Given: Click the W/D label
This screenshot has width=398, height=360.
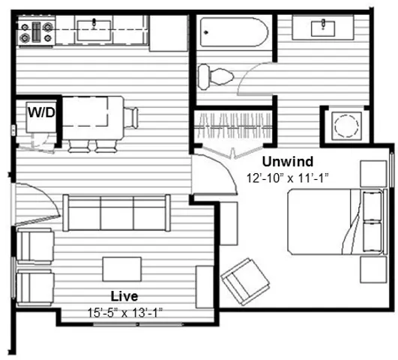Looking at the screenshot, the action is click(x=41, y=112).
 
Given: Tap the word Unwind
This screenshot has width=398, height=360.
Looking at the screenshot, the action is click(x=288, y=161).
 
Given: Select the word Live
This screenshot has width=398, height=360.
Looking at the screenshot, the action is click(x=124, y=296).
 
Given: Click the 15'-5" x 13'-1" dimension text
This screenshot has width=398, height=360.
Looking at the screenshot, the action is click(x=124, y=313).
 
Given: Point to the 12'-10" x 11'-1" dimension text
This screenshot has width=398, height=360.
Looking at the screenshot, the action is click(x=288, y=178).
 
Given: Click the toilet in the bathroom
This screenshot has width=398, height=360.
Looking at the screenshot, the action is click(x=215, y=76).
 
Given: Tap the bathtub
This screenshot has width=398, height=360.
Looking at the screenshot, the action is click(x=234, y=32).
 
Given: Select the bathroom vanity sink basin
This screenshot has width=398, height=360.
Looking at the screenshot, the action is click(x=323, y=28).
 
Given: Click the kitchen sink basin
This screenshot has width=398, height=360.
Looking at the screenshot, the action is click(x=94, y=31).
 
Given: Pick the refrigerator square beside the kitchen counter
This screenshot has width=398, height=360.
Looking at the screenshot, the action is click(x=169, y=33).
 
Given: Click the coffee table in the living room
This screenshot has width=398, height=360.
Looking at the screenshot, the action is click(x=122, y=269).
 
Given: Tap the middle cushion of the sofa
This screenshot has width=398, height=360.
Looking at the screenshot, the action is click(x=117, y=213).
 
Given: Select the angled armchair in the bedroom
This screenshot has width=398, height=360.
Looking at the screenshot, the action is click(x=245, y=281).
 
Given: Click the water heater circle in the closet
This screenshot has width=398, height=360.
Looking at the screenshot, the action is click(x=346, y=126).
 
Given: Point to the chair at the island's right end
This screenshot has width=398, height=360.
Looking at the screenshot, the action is click(x=131, y=118).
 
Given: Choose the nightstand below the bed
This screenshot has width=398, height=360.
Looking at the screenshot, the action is click(x=373, y=269).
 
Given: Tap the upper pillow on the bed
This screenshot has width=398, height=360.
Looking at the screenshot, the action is click(x=373, y=205).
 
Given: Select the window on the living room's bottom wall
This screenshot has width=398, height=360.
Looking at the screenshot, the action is click(x=138, y=325).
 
